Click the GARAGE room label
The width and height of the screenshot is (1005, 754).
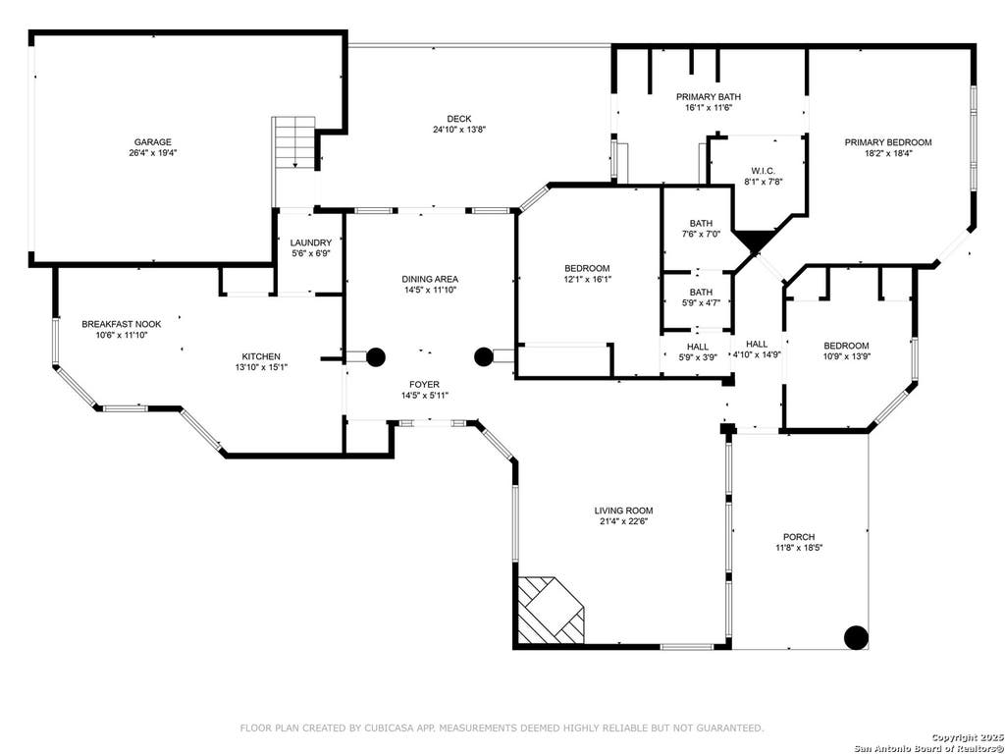click(x=152, y=141)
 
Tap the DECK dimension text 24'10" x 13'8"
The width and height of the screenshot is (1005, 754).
click(x=459, y=130)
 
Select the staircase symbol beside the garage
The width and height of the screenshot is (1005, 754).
click(x=294, y=142)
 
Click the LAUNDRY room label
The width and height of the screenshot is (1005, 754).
click(x=311, y=242)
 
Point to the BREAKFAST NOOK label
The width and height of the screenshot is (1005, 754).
click(x=121, y=324)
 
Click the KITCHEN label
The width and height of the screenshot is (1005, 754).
click(x=261, y=356)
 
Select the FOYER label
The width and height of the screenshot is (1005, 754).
click(x=425, y=384)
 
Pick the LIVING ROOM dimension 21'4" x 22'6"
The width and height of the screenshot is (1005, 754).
click(x=623, y=521)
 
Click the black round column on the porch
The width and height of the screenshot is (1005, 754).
click(x=856, y=637)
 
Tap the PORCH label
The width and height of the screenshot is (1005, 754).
click(x=799, y=537)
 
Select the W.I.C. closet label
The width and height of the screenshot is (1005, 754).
click(x=764, y=171)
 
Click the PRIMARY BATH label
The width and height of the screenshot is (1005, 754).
click(x=709, y=97)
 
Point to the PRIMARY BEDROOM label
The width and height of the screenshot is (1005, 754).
click(x=887, y=142)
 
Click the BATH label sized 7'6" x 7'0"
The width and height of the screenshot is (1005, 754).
click(x=701, y=223)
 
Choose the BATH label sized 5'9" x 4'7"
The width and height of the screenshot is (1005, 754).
click(x=701, y=292)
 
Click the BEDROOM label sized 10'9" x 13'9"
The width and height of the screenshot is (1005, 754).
click(x=846, y=346)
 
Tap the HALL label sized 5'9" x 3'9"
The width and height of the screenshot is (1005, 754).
click(x=698, y=347)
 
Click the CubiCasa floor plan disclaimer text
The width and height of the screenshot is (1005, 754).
click(x=502, y=727)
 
